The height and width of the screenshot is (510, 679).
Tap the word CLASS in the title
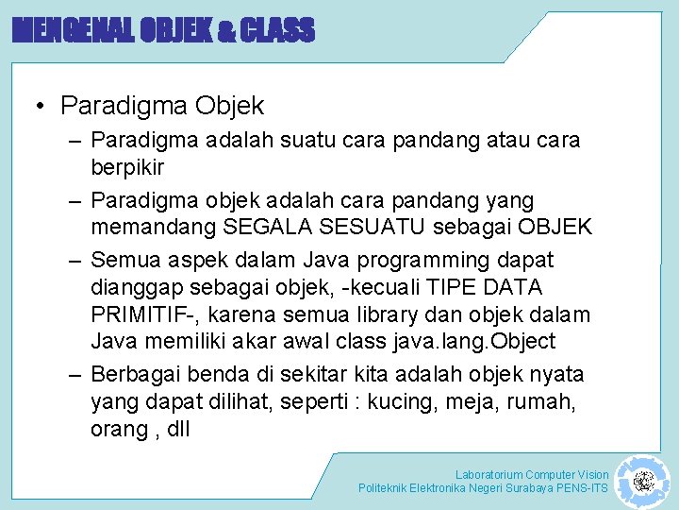click(277, 32)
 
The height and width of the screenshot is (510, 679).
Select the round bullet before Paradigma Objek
click(43, 106)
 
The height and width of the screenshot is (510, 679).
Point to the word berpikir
click(127, 167)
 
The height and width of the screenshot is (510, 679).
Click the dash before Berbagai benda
click(75, 374)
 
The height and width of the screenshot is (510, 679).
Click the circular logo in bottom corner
click(643, 483)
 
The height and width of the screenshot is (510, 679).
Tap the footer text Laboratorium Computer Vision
click(532, 474)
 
